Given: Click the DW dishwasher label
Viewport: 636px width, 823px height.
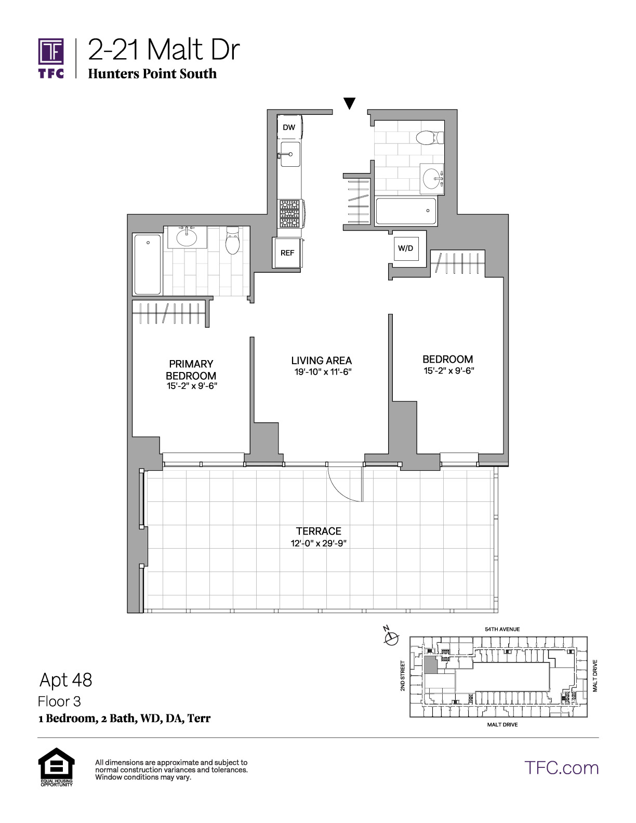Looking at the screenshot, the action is coord(289,127).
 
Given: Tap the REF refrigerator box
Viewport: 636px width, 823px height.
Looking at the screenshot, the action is coord(287,253).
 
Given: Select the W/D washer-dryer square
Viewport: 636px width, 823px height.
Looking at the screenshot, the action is coord(406,248).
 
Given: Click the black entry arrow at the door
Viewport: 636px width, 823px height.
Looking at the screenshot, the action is coord(349,103).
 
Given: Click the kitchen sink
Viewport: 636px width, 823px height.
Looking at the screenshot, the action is coord(290,154).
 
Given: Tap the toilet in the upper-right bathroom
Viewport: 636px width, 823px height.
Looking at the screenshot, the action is coord(430,137).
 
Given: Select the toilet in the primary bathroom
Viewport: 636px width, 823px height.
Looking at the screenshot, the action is coord(232,241).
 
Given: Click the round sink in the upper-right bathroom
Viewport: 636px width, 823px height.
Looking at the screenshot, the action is coord(432,178).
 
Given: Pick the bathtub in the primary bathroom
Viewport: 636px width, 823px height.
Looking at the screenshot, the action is coord(148,264).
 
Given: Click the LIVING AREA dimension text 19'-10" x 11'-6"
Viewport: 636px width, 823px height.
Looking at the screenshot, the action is coord(323,372).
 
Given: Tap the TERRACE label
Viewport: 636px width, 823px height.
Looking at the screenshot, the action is coord(319,532).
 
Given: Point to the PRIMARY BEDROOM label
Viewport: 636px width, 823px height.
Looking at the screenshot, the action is coord(191,369).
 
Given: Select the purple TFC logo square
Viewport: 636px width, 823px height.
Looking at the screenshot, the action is coord(51,51).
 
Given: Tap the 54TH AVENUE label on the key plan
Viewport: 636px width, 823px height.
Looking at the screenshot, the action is coord(502,630).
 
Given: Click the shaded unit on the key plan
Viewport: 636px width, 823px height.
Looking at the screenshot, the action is coord(430,665).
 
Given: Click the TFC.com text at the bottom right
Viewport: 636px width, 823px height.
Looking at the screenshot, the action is coord(561,768).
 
